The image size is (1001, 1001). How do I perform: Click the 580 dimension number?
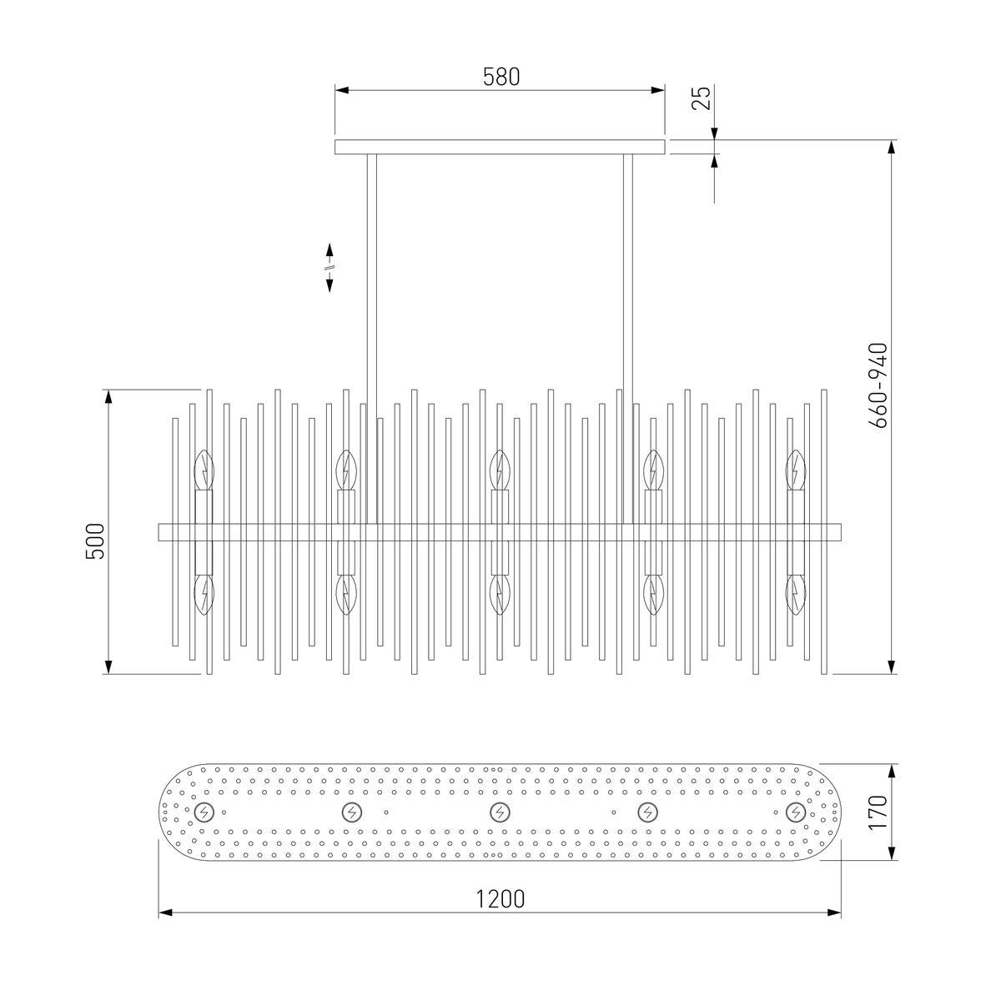[500, 77]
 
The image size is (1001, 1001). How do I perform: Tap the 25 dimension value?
[702, 98]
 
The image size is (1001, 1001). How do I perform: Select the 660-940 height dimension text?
[878, 385]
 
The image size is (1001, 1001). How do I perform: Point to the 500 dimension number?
[95, 541]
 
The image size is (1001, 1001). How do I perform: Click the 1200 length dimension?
[500, 898]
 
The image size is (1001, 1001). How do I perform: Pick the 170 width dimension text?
[878, 812]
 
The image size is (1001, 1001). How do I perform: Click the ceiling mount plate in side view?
[500, 147]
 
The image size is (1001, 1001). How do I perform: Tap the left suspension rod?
[372, 339]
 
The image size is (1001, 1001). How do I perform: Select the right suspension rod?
[628, 339]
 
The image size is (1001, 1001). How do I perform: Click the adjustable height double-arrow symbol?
[329, 268]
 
